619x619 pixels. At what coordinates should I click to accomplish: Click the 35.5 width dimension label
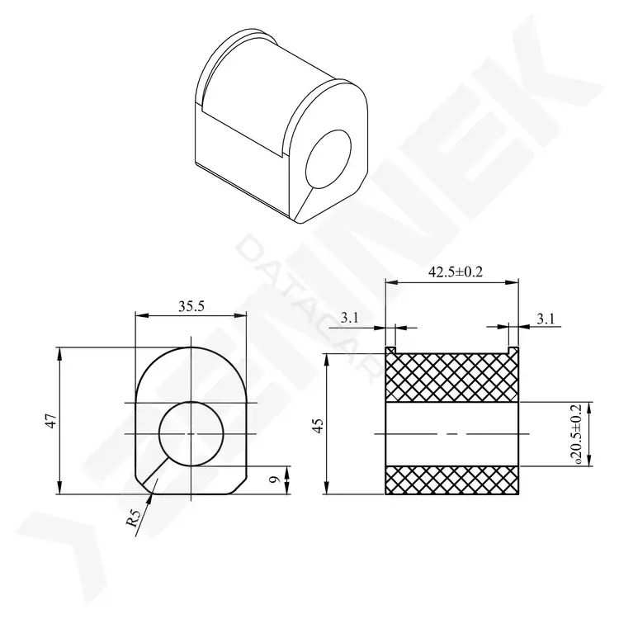(x=191, y=307)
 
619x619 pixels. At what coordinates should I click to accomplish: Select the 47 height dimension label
(x=52, y=421)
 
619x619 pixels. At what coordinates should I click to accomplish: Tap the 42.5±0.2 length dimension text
(x=455, y=272)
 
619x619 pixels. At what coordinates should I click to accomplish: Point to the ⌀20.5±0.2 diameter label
(x=578, y=433)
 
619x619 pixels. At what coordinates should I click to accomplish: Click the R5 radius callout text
(x=134, y=519)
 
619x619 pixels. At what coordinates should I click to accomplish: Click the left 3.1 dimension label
(x=349, y=318)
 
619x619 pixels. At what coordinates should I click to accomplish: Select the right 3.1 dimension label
(x=546, y=319)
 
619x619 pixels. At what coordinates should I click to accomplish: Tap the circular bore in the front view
(x=191, y=434)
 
